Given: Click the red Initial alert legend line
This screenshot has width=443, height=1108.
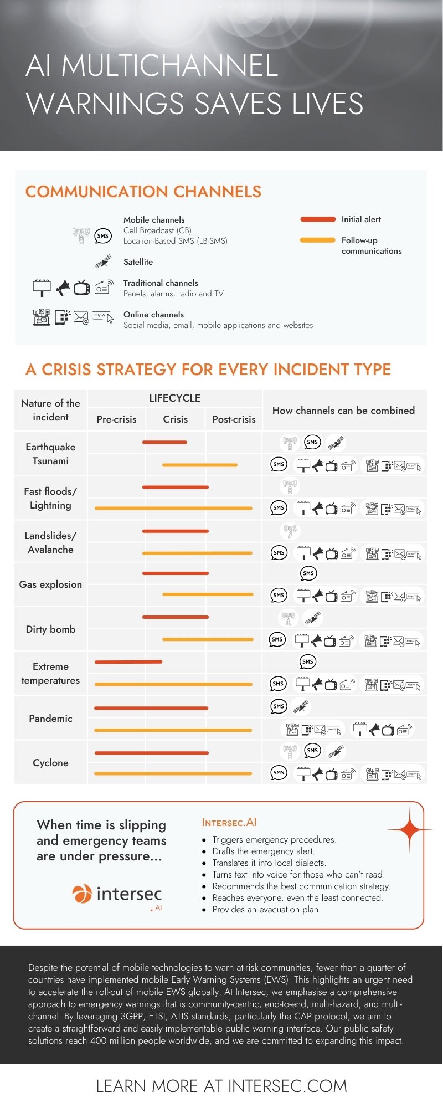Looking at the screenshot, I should click(x=318, y=219).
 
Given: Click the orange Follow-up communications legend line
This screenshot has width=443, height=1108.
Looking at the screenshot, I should click(x=318, y=240).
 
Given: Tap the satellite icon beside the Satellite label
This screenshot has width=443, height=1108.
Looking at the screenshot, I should click(x=103, y=261).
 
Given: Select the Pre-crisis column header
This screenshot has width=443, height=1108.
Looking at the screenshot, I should click(x=116, y=419).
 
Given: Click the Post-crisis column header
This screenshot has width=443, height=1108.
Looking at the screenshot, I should click(x=234, y=419).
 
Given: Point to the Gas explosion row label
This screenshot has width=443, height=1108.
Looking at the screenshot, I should click(x=50, y=584).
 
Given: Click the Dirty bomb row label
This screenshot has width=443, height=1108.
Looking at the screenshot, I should click(x=50, y=629).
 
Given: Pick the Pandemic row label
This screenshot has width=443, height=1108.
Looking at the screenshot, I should click(x=50, y=719).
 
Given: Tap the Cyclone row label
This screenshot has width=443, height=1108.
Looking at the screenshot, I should click(x=50, y=763).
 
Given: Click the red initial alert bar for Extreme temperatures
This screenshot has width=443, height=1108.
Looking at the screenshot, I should click(x=128, y=662).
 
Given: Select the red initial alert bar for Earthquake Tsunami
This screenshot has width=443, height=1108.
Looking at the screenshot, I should click(x=164, y=442).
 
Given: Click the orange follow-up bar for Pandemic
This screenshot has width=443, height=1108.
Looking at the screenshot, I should click(x=173, y=730).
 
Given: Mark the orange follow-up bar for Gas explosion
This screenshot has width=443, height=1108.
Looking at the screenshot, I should click(x=208, y=594).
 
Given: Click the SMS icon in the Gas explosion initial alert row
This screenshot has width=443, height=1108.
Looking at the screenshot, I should click(x=308, y=573).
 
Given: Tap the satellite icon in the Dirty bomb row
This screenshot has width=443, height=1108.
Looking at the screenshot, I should click(x=313, y=617).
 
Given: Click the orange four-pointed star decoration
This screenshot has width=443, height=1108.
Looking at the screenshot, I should click(x=410, y=829).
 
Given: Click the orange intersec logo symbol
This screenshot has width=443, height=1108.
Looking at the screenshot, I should click(x=82, y=894).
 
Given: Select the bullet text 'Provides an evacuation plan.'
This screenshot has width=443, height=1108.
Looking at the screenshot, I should click(x=266, y=909).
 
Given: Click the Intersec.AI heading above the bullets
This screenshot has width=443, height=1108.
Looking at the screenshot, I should click(x=229, y=822).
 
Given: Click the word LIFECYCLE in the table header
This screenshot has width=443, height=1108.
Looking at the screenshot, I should click(x=175, y=398).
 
